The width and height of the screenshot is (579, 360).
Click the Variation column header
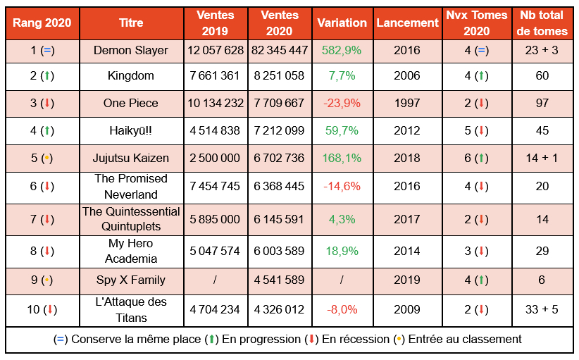tap(342, 23)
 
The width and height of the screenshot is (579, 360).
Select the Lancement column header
tap(407, 23)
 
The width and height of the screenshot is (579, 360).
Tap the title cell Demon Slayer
tap(131, 50)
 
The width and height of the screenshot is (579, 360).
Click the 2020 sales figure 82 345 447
tap(280, 50)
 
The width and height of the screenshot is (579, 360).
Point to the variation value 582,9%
tap(342, 50)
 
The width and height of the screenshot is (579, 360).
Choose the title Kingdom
tap(131, 76)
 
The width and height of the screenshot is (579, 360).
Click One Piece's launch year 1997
tap(407, 103)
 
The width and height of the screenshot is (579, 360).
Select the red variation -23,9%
tap(342, 103)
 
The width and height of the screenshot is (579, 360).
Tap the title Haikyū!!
tap(131, 130)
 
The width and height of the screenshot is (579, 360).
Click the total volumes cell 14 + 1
tap(542, 157)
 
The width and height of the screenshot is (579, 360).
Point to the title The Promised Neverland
tap(131, 187)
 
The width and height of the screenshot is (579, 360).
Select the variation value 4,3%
tap(342, 219)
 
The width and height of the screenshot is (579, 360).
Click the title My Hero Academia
tap(131, 251)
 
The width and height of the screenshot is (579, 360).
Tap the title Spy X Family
tap(131, 280)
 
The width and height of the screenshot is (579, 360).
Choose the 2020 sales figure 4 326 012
tap(280, 309)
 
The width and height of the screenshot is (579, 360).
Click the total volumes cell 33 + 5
tap(542, 309)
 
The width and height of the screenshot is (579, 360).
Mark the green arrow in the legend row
tap(211, 339)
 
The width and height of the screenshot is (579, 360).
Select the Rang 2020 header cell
tap(42, 23)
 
